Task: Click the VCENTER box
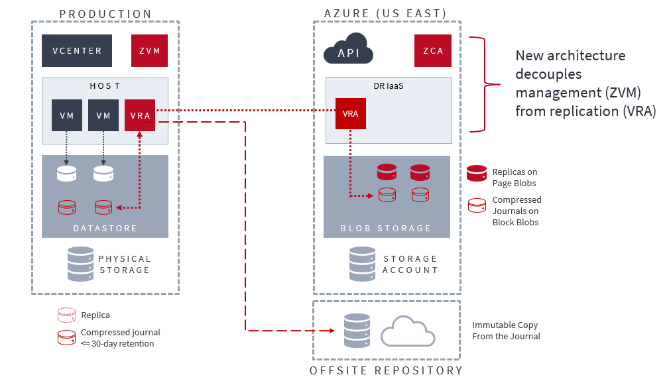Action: point(77,51)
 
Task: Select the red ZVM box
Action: point(149,51)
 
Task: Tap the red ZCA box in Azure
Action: point(433,51)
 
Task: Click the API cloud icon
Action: point(349,50)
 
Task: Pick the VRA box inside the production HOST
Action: point(140,115)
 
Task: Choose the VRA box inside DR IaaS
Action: point(350,114)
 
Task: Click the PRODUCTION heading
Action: point(105,14)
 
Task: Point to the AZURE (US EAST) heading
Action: point(385,14)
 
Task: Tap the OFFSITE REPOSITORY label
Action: point(386,370)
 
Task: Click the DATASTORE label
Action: point(105,228)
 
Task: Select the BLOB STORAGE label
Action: point(386,228)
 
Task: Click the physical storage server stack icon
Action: point(80,264)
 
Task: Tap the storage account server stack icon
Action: point(362,264)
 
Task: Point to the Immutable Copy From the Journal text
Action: point(506,331)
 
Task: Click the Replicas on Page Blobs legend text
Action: point(515,178)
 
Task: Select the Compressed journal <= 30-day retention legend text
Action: point(120,338)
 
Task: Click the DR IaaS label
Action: point(389,86)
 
